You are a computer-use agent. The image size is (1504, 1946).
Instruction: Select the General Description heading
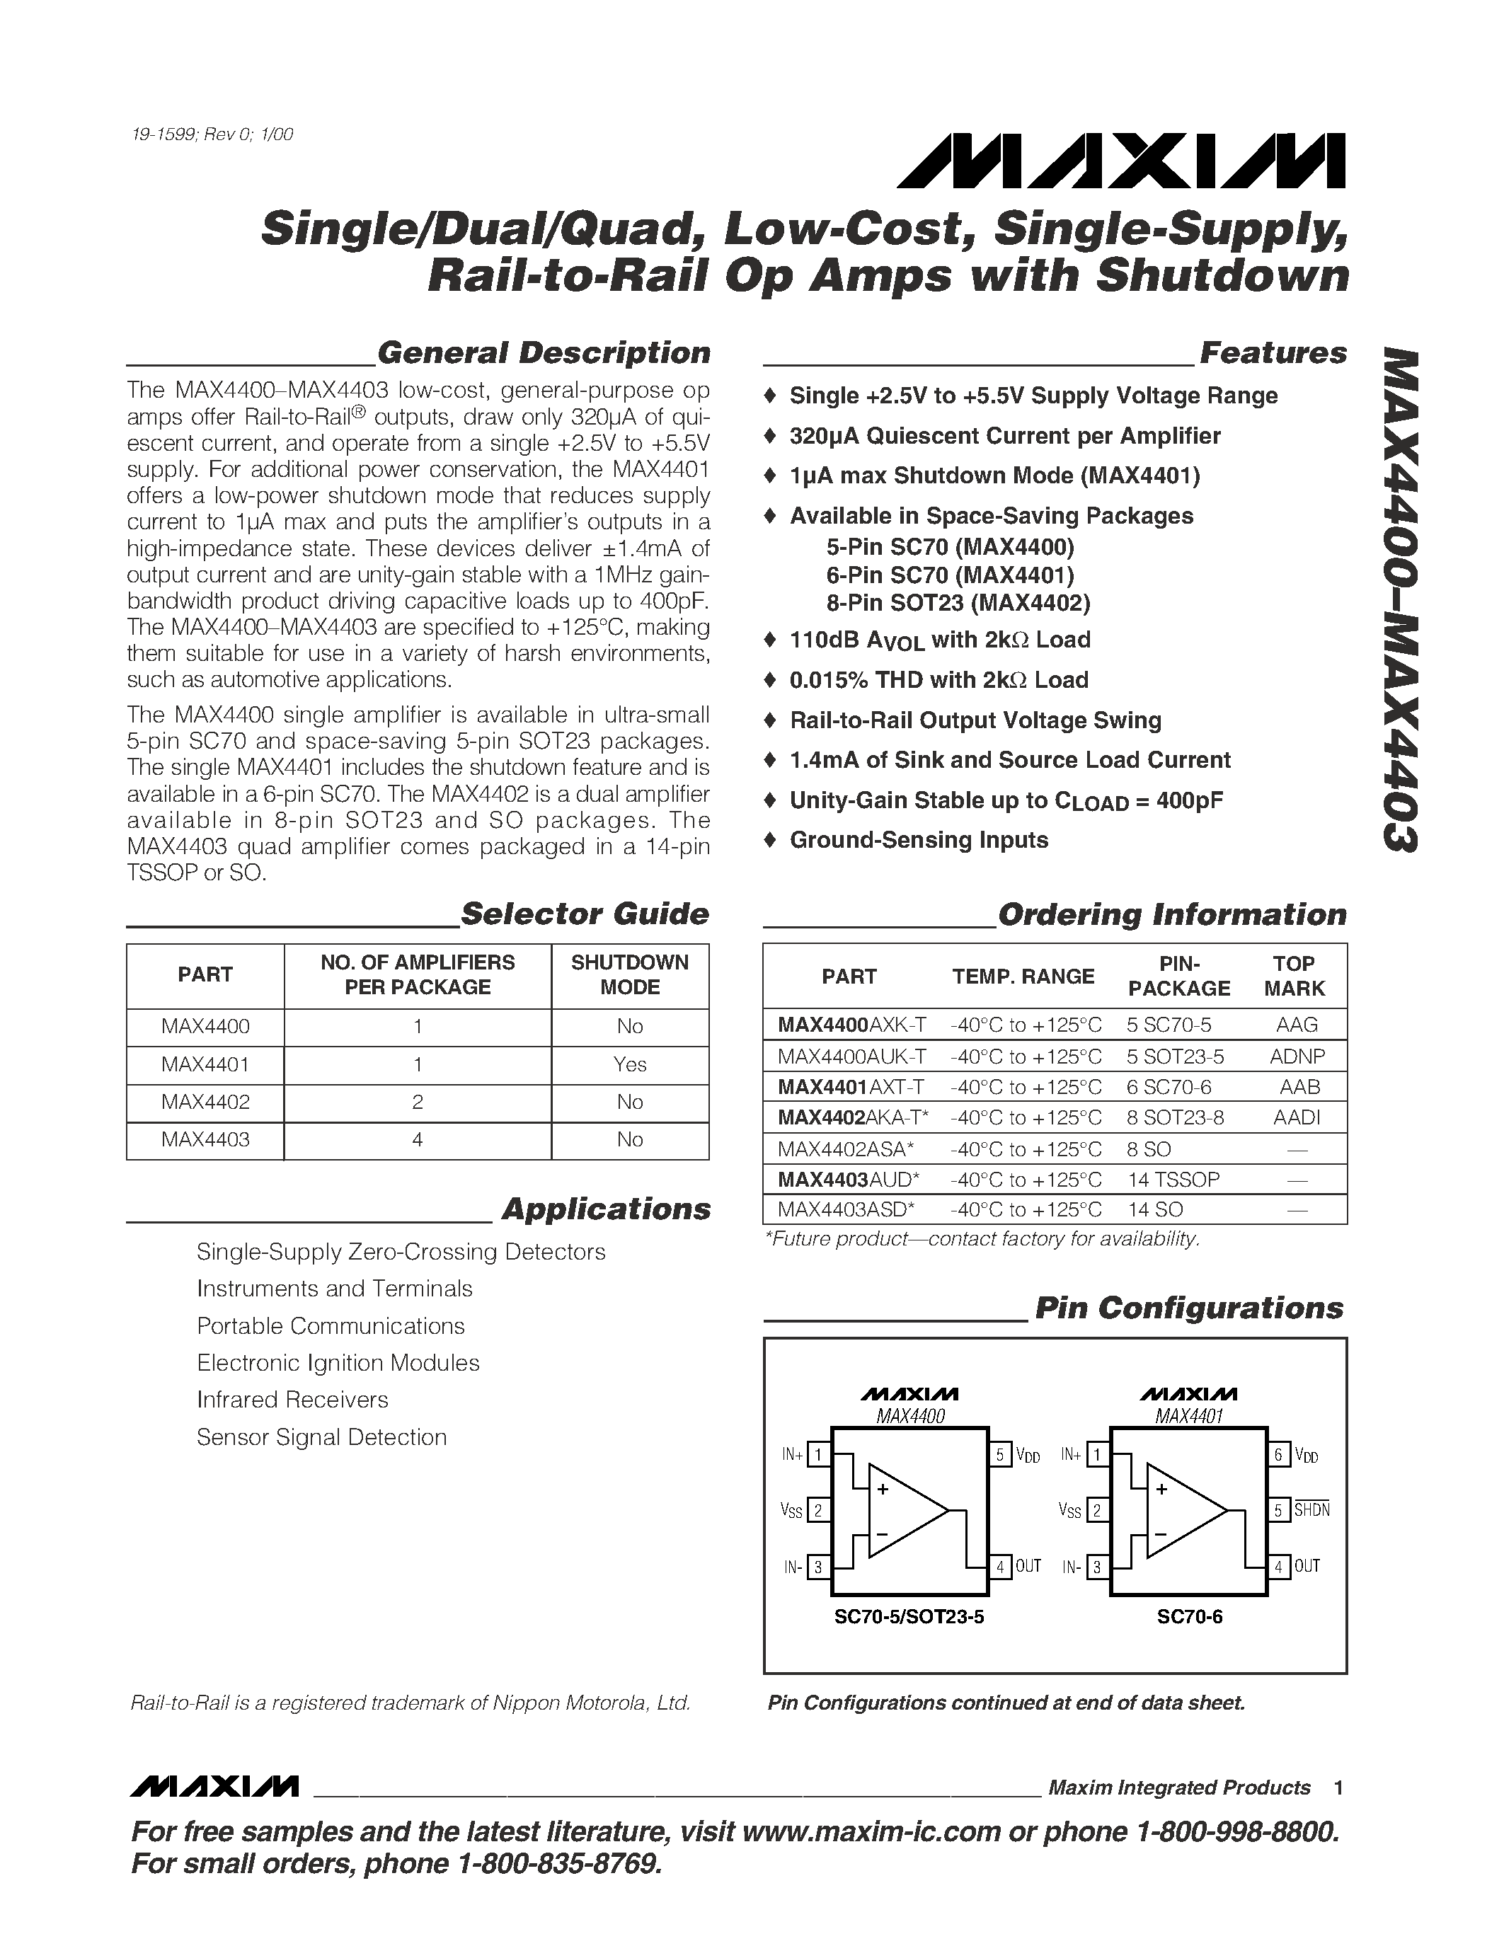click(x=544, y=353)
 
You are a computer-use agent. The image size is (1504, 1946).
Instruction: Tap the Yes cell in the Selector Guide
click(x=629, y=1064)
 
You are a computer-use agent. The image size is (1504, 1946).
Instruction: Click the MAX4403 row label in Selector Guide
click(x=205, y=1139)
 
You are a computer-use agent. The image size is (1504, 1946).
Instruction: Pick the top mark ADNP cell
click(x=1297, y=1057)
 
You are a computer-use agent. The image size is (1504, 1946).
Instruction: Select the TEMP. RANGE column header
click(x=1022, y=977)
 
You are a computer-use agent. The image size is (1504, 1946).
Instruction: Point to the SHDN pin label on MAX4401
click(x=1311, y=1510)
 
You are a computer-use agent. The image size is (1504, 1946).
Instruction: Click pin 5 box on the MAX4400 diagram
click(x=999, y=1455)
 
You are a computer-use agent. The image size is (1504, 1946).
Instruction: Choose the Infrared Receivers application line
click(x=292, y=1400)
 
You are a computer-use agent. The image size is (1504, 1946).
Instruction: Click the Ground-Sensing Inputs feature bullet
click(x=918, y=840)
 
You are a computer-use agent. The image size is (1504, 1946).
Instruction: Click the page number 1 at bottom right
click(x=1338, y=1788)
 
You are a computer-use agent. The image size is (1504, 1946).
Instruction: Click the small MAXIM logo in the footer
click(x=214, y=1787)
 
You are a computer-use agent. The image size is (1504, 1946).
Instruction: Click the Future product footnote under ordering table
click(x=982, y=1238)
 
